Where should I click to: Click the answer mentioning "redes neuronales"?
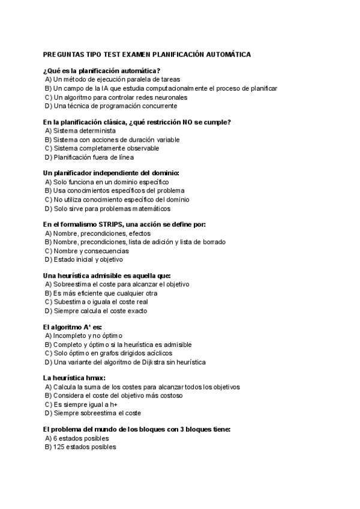click(x=120, y=97)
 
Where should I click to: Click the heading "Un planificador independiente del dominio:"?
click(x=111, y=173)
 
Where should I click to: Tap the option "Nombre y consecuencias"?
click(x=91, y=251)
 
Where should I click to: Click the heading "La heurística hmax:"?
click(x=74, y=378)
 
